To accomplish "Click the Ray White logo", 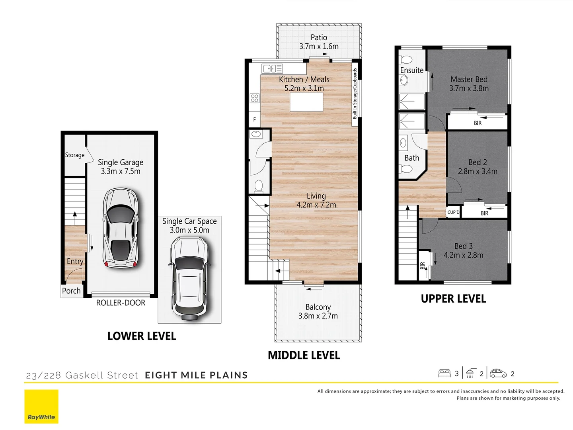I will click(41, 406).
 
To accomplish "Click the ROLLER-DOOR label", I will click(121, 303).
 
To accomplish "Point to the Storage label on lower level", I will click(75, 155).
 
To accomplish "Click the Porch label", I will click(71, 291).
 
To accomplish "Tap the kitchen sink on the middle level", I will click(272, 68).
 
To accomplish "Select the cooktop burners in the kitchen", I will click(255, 98).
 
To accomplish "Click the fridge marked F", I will click(255, 119).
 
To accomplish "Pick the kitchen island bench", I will click(306, 102).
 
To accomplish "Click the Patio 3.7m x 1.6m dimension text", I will click(319, 47).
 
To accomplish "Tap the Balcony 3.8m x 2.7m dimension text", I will click(318, 316).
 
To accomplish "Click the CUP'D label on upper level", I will click(453, 213).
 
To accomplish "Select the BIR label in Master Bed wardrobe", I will click(477, 123).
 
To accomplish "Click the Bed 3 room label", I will click(464, 246).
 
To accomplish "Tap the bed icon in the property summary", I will click(444, 373).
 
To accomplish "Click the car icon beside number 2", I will click(498, 373).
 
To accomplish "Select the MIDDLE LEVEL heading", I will click(304, 356).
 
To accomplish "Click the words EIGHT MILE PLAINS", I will click(196, 375).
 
